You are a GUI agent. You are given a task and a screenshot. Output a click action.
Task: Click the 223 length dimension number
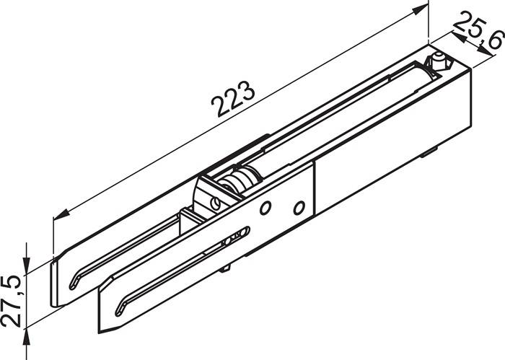pos(233,101)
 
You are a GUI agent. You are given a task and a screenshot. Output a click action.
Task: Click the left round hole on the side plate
pos(266,208)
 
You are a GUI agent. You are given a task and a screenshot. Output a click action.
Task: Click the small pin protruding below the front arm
pos(228,268)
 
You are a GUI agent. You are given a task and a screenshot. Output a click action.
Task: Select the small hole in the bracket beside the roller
pos(214,203)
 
